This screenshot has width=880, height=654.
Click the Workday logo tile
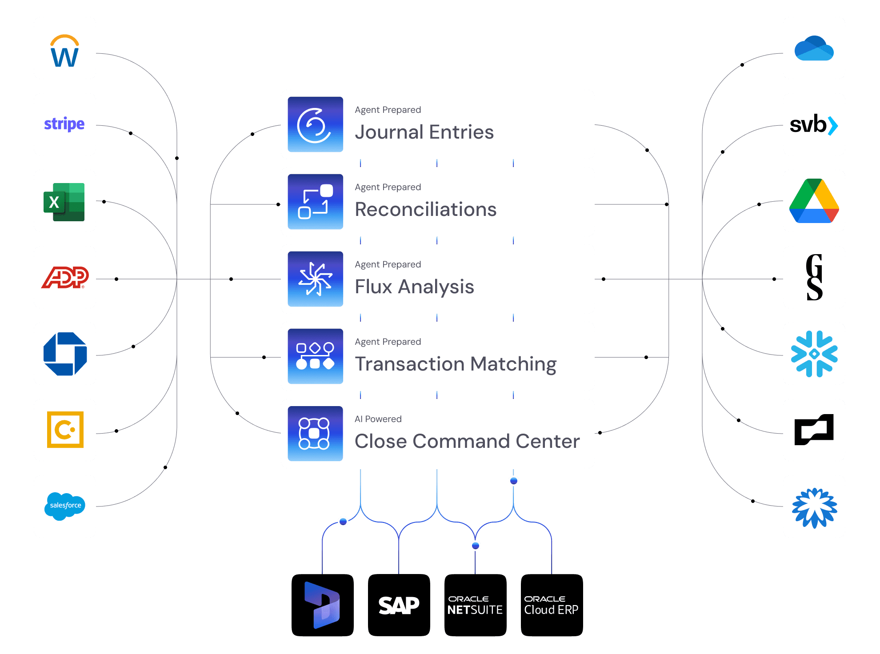point(65,48)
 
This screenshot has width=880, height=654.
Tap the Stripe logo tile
point(65,124)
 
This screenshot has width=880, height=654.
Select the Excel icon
point(65,201)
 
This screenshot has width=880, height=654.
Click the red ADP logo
point(65,278)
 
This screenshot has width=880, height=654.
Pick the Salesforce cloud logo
point(65,506)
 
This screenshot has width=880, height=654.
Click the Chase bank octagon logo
point(65,354)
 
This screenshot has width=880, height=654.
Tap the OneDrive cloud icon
point(814,48)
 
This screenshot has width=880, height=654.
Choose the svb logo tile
point(814,124)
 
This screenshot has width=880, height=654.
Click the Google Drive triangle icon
point(814,201)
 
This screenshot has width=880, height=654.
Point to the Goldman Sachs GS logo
point(814,277)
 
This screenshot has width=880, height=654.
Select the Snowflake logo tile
point(814,354)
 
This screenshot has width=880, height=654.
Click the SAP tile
point(399,605)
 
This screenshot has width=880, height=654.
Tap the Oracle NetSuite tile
point(475,605)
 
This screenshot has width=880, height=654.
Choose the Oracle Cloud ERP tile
point(552,605)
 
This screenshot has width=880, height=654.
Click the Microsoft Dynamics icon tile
point(322,605)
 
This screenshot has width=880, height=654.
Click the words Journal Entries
point(424,132)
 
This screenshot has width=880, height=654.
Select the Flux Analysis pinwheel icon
point(315,279)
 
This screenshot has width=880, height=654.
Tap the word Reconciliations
point(425,209)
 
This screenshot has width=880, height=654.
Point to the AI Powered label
point(378,419)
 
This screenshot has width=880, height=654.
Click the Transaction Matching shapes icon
point(315,356)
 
